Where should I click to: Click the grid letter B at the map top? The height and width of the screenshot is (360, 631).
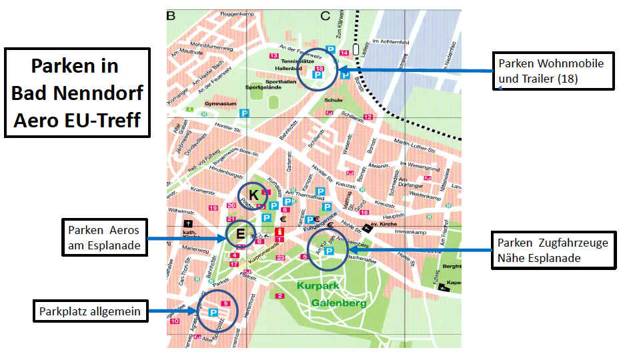click(x=171, y=15)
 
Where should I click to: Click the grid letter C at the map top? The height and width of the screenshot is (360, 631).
click(x=326, y=15)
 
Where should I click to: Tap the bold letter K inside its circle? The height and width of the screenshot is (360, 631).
click(x=254, y=193)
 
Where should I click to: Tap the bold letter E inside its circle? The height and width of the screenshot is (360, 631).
click(x=239, y=233)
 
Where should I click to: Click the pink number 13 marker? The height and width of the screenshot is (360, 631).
click(x=273, y=55)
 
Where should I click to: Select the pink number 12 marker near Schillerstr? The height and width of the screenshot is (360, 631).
click(x=368, y=117)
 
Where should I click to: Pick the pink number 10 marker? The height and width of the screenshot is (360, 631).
click(x=174, y=321)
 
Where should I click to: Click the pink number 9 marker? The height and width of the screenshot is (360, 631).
click(x=225, y=304)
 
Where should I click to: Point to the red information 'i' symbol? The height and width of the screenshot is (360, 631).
click(x=279, y=232)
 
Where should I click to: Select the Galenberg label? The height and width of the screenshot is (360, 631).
click(x=339, y=303)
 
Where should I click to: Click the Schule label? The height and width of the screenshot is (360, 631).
click(x=333, y=100)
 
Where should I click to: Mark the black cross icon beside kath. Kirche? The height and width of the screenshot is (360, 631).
click(x=189, y=224)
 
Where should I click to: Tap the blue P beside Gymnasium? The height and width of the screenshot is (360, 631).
click(x=244, y=114)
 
